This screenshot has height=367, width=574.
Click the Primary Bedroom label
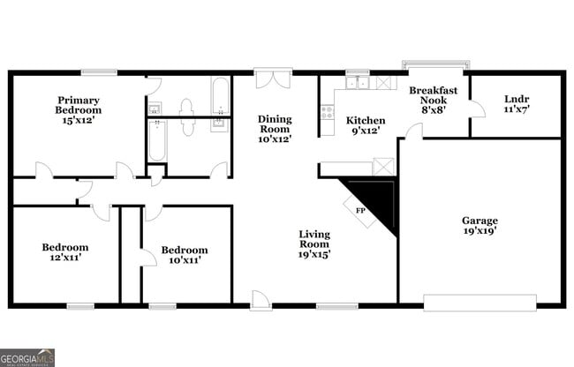tap(79, 105)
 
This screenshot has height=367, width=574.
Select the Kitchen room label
tap(365, 120)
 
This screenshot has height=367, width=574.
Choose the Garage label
tap(480, 221)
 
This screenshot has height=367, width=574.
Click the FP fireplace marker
tap(360, 212)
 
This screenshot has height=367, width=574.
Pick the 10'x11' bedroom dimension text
tap(185, 262)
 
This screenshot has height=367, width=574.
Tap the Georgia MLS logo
tap(27, 357)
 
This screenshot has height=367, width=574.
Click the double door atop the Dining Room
tap(273, 79)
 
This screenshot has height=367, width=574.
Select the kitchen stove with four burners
tap(327, 112)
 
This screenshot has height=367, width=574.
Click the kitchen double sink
tap(357, 83)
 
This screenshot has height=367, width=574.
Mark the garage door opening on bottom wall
tap(480, 303)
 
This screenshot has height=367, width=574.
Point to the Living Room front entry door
tap(261, 302)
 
